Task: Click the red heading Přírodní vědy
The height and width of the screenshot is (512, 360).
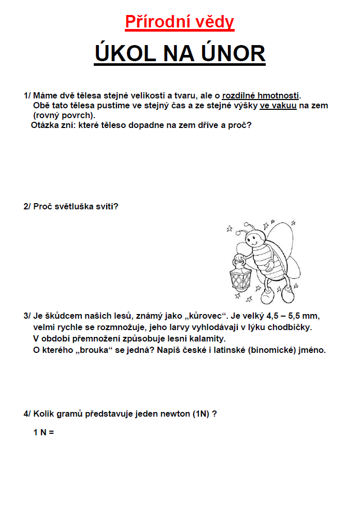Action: pyautogui.click(x=180, y=22)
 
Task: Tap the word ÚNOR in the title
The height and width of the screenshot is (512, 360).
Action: pyautogui.click(x=228, y=53)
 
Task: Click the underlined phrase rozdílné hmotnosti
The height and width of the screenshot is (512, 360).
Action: pyautogui.click(x=261, y=96)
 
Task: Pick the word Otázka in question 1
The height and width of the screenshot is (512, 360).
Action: pyautogui.click(x=46, y=125)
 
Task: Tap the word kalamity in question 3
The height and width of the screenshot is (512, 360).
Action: pyautogui.click(x=208, y=338)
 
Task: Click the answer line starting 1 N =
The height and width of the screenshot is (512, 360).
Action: pyautogui.click(x=44, y=432)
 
